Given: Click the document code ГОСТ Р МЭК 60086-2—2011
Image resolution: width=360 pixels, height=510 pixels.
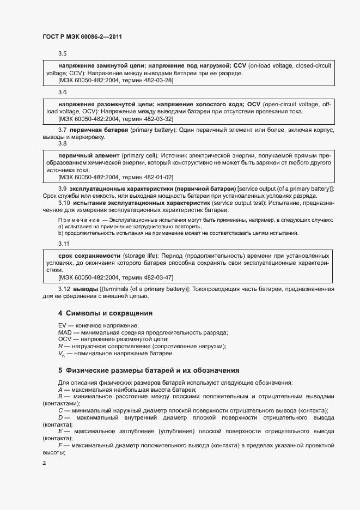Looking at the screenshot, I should (x=82, y=37).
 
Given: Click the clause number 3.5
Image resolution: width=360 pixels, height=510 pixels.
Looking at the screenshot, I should (x=63, y=53).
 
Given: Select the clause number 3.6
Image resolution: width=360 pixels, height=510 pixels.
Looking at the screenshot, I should (x=63, y=92).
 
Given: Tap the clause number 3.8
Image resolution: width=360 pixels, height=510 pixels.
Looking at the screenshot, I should (x=63, y=144).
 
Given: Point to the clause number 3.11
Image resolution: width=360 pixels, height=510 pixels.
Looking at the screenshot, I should (x=64, y=243).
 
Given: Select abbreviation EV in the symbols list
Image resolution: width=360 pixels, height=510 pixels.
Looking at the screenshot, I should (x=62, y=325).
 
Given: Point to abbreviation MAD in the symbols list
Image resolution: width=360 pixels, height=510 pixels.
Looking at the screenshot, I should (x=65, y=332).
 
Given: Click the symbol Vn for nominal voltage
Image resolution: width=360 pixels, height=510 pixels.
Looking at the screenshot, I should (x=62, y=354).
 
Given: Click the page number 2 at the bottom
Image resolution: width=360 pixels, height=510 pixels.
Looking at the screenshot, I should (x=44, y=464).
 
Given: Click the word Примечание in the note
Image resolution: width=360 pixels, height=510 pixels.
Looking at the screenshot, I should (x=77, y=220).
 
